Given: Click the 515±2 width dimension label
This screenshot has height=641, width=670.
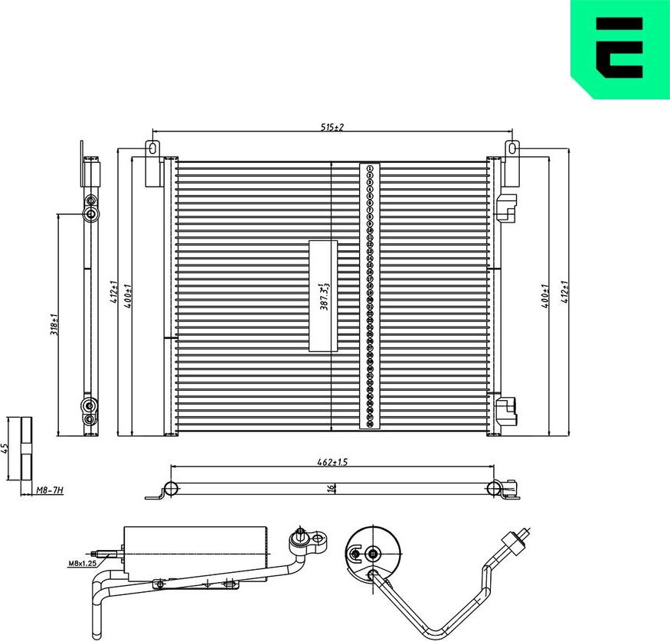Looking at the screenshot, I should (332, 127).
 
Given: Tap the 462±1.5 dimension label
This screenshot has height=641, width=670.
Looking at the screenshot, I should (332, 462).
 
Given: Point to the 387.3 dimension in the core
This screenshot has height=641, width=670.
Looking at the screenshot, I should (324, 296).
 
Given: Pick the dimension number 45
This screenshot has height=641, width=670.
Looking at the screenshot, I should (5, 448).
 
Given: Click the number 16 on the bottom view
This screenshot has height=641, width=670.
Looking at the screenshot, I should (331, 488).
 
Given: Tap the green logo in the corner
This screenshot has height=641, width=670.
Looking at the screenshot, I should (620, 47).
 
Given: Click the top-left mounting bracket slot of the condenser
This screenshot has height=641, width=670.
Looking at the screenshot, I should (152, 148).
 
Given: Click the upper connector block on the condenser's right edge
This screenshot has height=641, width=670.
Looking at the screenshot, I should (506, 207).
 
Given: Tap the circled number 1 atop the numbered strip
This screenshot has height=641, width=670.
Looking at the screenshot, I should (370, 168).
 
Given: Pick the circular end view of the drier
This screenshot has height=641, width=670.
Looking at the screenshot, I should (372, 553).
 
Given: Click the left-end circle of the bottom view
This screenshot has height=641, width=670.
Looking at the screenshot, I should (171, 488).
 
